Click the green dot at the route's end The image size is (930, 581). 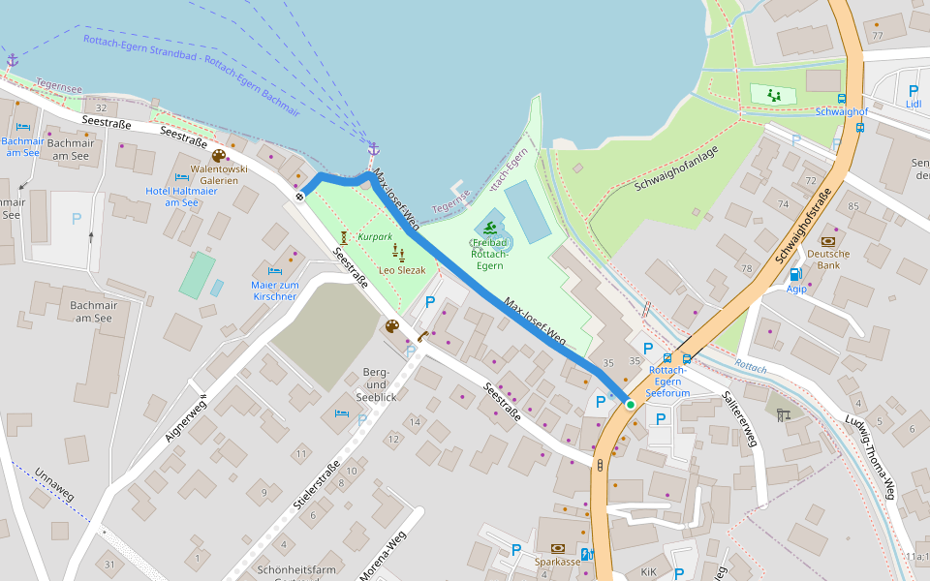(630, 404)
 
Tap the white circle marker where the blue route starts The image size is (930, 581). (299, 197)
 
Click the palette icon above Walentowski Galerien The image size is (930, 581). (219, 156)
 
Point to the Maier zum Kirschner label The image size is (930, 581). (274, 290)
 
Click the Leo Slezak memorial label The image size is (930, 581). (402, 270)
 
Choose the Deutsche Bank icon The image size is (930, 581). (828, 241)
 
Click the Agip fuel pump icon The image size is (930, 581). (795, 274)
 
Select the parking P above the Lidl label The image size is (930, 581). (913, 90)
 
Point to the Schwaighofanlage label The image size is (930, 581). (677, 169)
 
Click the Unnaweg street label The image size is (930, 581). (54, 483)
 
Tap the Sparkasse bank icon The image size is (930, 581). (557, 548)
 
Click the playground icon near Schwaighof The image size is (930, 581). (773, 95)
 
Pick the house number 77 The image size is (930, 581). (877, 36)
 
